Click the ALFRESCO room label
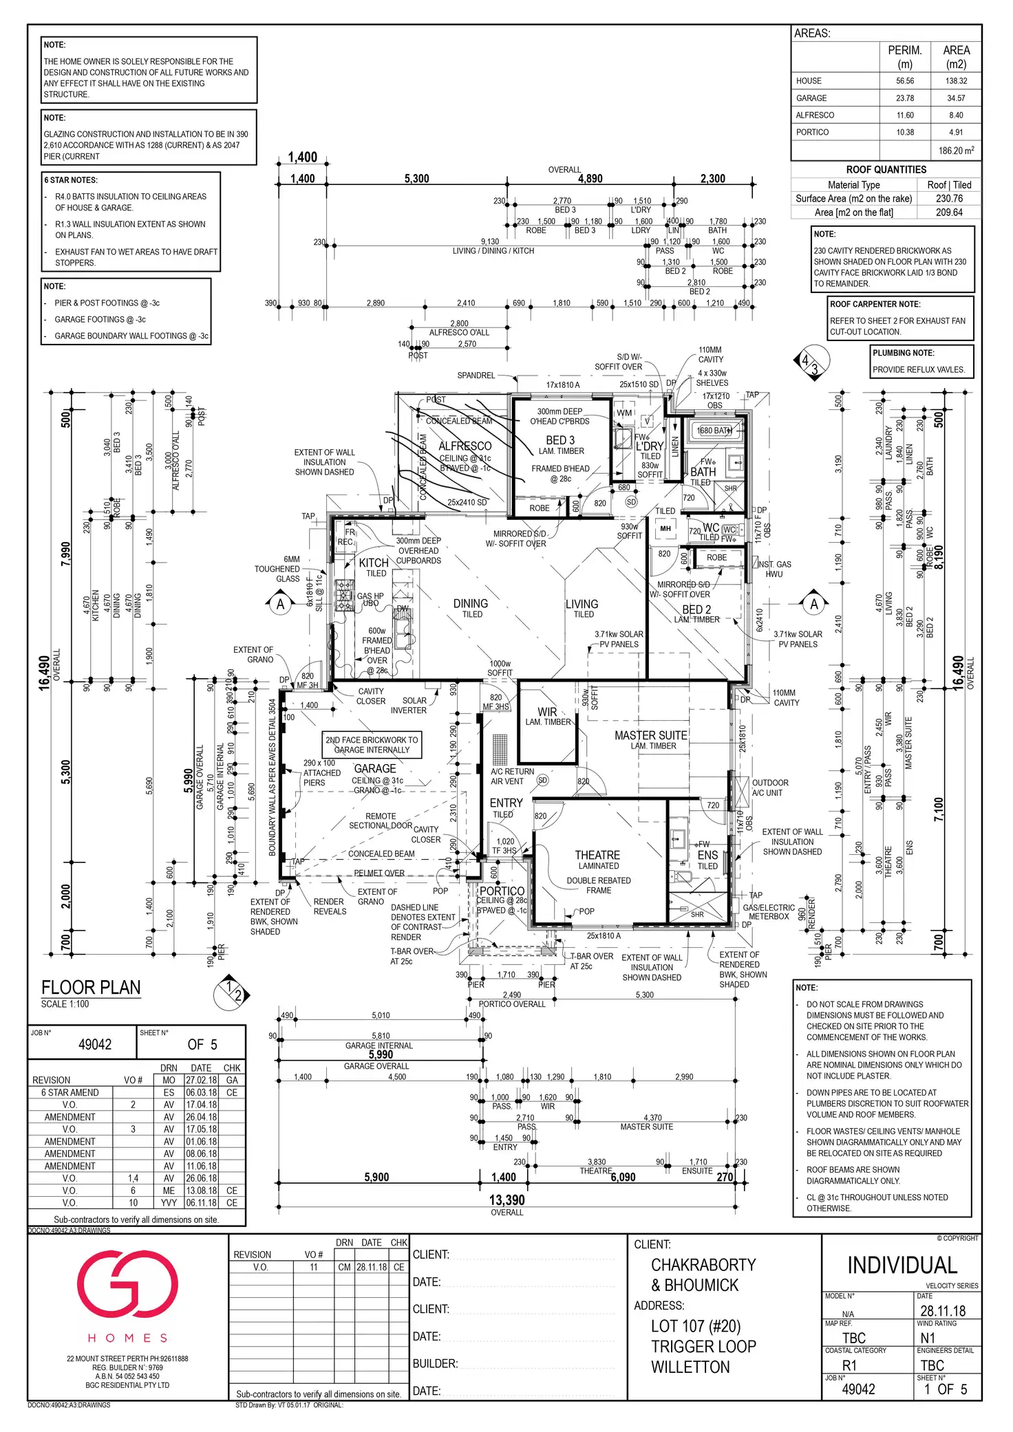(465, 446)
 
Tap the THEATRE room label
(597, 855)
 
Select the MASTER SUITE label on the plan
(650, 735)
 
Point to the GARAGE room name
(375, 768)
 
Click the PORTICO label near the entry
(502, 891)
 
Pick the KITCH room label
(374, 563)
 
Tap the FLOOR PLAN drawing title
(91, 988)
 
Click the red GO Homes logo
(127, 1285)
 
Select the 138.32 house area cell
(956, 81)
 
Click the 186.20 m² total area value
(956, 151)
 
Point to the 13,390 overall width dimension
(506, 1200)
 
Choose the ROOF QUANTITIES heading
(886, 170)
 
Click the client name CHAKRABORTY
(703, 1265)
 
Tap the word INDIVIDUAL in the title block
(902, 1266)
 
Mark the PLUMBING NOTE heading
(903, 353)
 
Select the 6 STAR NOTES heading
(71, 180)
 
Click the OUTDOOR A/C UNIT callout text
(770, 788)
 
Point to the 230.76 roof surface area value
(949, 199)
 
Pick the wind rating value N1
(928, 1338)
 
